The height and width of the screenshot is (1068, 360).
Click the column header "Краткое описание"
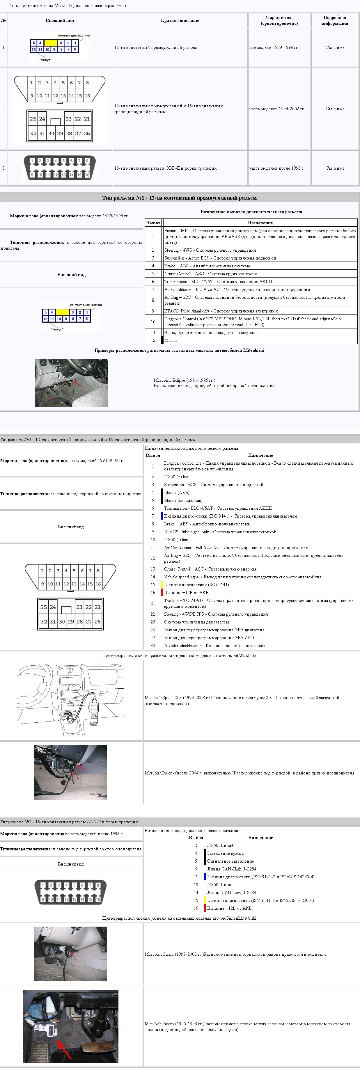(x=180, y=20)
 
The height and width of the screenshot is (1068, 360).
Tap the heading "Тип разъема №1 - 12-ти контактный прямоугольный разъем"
(x=180, y=198)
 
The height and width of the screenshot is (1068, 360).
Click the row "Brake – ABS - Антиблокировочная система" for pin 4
(x=207, y=266)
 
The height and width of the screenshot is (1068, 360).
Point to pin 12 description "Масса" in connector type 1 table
(x=171, y=340)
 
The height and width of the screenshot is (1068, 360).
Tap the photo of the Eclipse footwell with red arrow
(x=71, y=383)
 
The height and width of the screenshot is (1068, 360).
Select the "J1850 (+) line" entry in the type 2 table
(x=176, y=477)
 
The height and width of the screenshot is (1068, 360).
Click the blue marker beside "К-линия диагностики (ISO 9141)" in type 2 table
(x=162, y=516)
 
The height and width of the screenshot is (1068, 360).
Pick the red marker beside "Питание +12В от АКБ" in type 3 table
(x=205, y=908)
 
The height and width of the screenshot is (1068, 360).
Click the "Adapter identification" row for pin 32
(x=216, y=646)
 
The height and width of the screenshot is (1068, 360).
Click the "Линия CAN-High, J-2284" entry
(x=231, y=869)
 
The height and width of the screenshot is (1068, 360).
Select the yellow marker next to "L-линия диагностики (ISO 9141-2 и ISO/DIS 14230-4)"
(x=205, y=900)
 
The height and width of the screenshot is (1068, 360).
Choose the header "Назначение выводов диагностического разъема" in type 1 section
(x=251, y=212)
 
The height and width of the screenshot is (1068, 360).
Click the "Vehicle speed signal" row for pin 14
(x=242, y=577)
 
